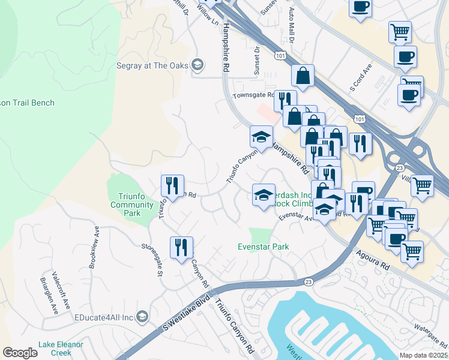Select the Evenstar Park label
[x=263, y=247]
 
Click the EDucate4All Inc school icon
[x=142, y=316]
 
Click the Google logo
[x=20, y=353]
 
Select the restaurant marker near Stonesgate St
[x=181, y=248]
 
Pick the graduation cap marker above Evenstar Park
[x=264, y=195]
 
